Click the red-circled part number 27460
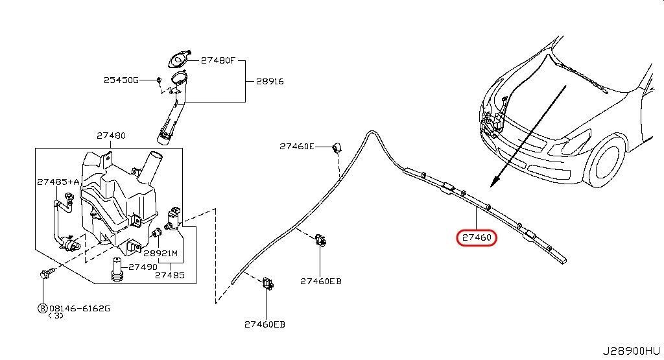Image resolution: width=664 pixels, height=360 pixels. click(x=478, y=238)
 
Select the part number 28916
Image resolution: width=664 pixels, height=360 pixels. click(x=270, y=82)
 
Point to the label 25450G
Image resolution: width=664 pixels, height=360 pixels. click(x=121, y=80)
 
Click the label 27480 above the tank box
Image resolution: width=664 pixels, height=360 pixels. click(x=111, y=136)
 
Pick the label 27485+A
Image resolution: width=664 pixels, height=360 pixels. click(x=58, y=182)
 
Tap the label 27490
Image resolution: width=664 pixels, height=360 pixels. click(x=142, y=266)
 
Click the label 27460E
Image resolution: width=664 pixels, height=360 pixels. click(x=296, y=147)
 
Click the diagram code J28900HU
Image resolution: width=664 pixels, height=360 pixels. click(x=635, y=351)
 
